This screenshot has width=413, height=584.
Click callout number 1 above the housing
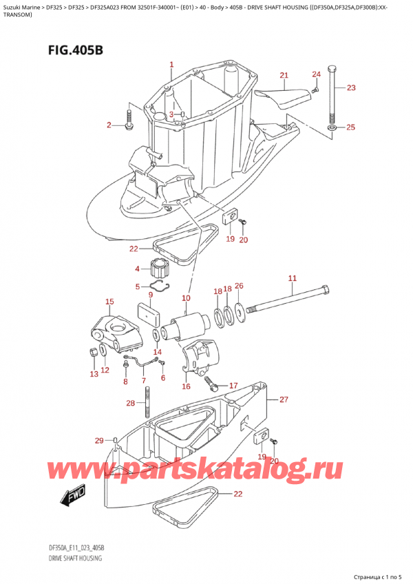point(171,65)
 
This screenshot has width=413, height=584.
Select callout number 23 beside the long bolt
point(351,87)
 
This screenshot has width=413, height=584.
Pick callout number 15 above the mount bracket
point(109,302)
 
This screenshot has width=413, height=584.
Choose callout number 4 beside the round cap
point(137,269)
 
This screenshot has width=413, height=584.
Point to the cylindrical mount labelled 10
point(187,324)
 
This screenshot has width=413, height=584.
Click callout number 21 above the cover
point(284,75)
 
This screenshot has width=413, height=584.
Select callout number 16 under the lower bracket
point(186,387)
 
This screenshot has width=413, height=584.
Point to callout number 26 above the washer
point(239,286)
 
